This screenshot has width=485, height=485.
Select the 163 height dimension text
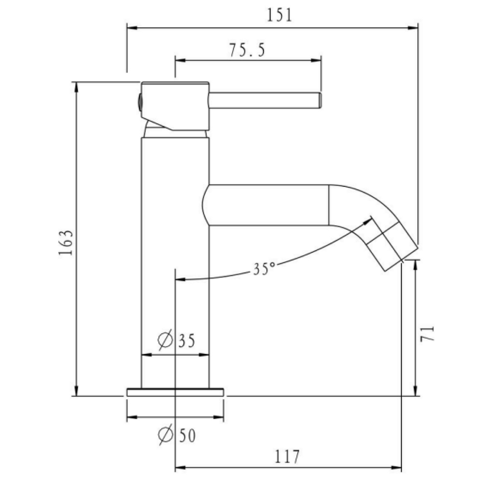click(x=66, y=243)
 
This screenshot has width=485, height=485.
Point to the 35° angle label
click(x=263, y=269)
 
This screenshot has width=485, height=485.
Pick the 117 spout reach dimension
click(x=287, y=457)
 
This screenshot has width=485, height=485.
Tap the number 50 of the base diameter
click(x=187, y=435)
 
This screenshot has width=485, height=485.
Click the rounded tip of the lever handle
click(x=319, y=101)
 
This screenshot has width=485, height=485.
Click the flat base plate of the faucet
click(x=175, y=392)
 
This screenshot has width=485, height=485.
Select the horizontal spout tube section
click(x=268, y=205)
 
